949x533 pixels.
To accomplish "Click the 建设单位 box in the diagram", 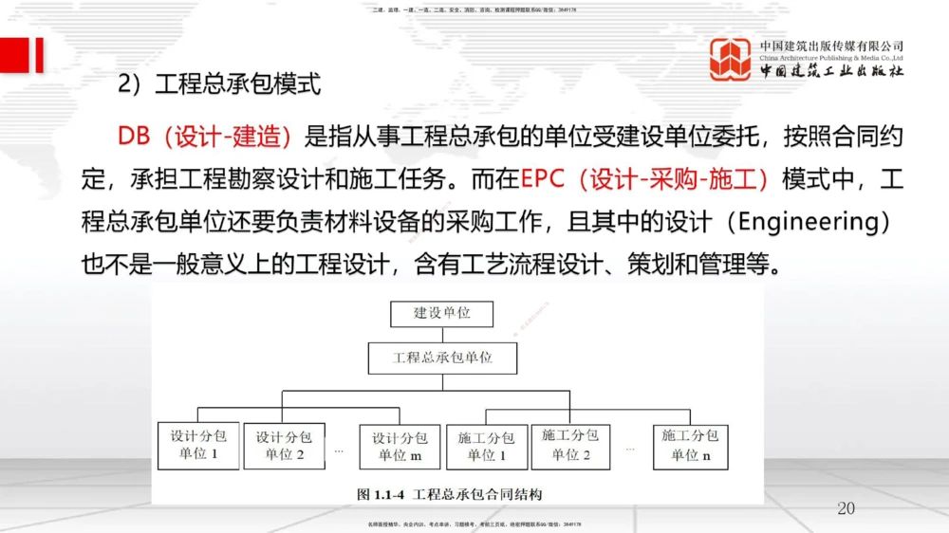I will (x=442, y=312).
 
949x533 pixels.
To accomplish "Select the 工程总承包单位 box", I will (x=442, y=358).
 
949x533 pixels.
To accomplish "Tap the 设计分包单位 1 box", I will (x=199, y=445).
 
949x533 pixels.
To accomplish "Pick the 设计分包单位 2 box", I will (x=285, y=446).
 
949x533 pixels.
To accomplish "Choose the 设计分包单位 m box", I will (x=400, y=446).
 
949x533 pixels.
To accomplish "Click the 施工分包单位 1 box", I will (x=486, y=446).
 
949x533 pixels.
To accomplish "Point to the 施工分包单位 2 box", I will (x=569, y=446).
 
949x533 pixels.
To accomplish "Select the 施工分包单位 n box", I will (x=690, y=446).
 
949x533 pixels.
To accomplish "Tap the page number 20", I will (x=846, y=508).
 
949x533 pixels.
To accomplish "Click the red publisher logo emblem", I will (x=731, y=59).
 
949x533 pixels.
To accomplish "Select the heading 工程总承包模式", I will (x=237, y=84).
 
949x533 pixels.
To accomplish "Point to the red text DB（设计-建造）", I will (x=204, y=137).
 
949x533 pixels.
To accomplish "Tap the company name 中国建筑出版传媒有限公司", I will (x=831, y=46).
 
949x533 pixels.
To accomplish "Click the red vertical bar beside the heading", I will (x=38, y=54).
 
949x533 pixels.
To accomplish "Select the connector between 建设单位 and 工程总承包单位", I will (x=442, y=334).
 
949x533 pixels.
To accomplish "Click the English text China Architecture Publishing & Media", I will (x=831, y=57).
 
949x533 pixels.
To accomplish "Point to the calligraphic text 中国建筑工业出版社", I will (x=831, y=71).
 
